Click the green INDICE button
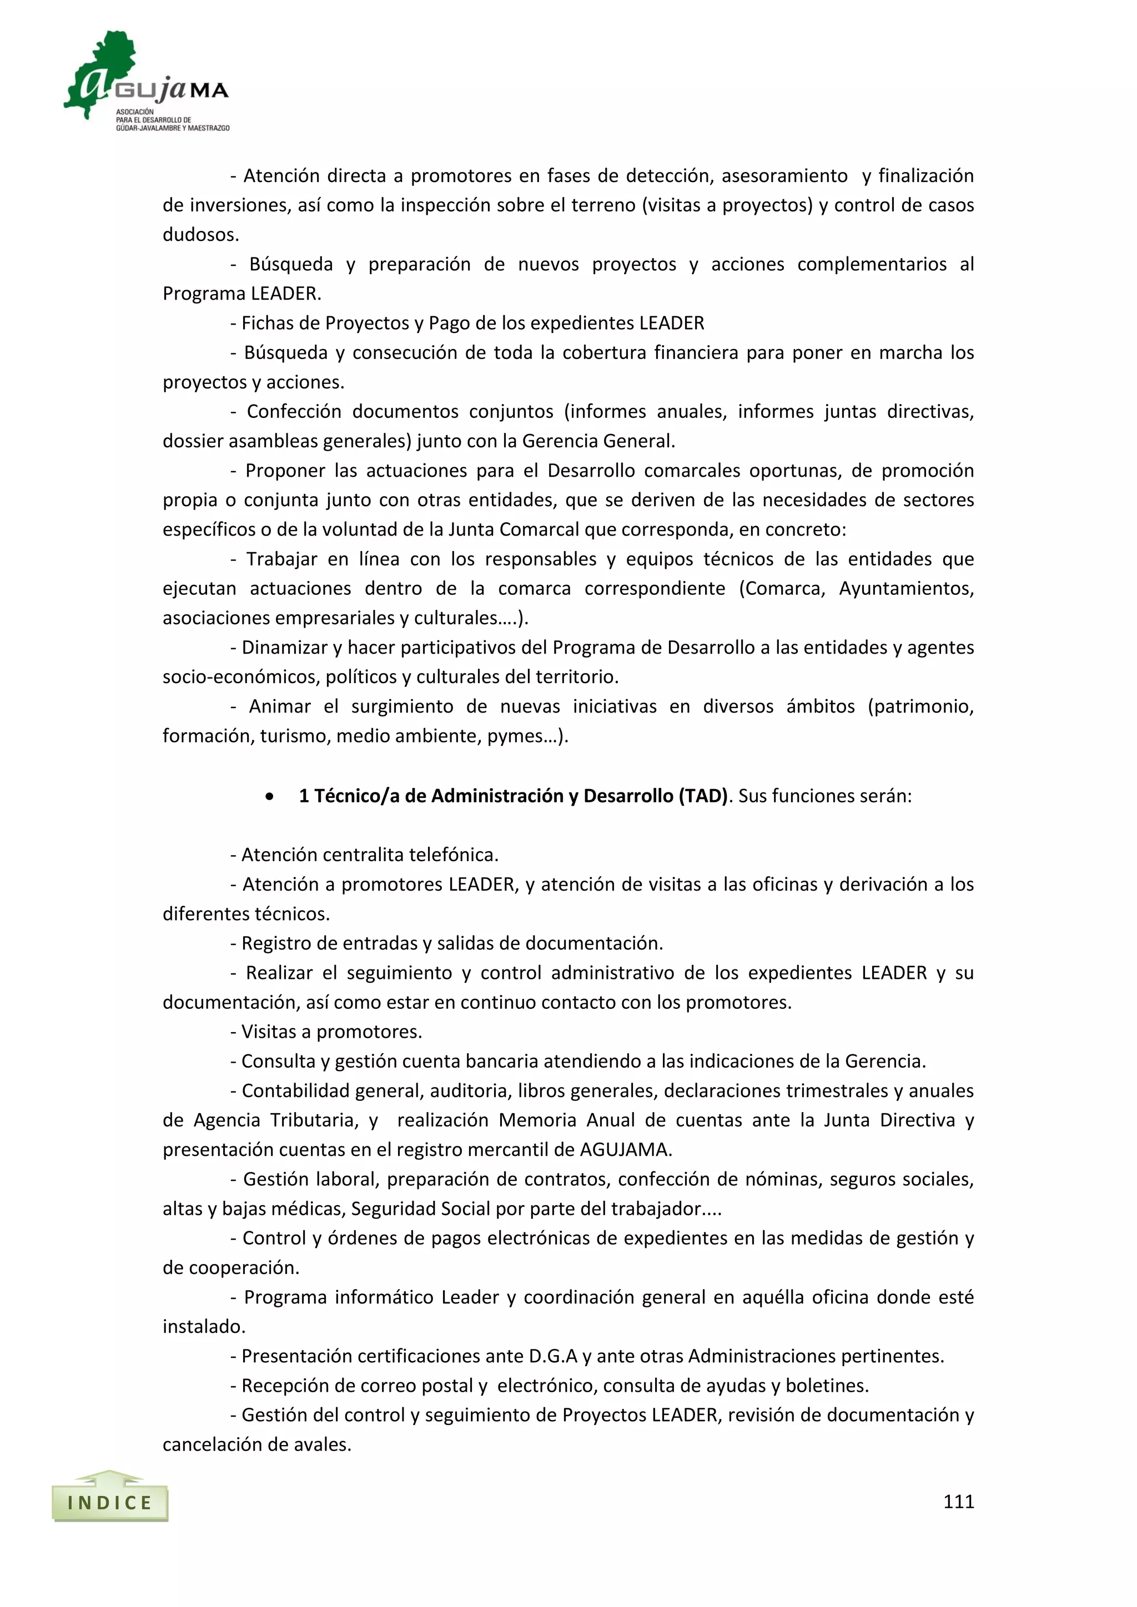110,1502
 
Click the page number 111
958,1502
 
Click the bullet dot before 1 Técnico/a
270,796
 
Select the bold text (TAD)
703,796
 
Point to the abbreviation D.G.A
553,1356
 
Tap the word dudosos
200,235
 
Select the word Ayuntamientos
906,589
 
